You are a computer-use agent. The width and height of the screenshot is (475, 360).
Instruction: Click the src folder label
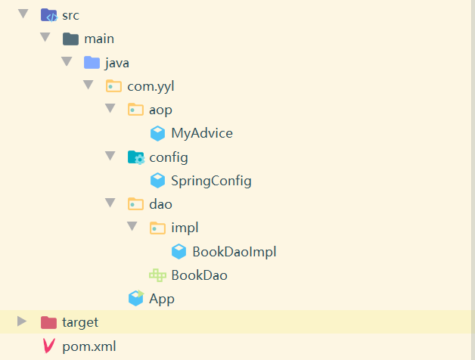[70, 14]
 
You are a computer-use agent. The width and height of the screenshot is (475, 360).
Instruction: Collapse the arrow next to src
[23, 14]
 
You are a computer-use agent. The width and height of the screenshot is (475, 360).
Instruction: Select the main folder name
[99, 39]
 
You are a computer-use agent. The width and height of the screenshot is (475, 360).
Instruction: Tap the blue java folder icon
[92, 62]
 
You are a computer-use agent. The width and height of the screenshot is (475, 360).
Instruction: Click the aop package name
[160, 110]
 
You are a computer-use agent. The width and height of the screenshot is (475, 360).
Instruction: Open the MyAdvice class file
[201, 133]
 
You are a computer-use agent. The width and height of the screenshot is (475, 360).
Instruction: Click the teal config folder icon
[136, 157]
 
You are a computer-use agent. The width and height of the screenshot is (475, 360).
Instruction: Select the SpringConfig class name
[211, 181]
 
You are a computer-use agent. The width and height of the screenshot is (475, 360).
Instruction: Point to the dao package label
[160, 203]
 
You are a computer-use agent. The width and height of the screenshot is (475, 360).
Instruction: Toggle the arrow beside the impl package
[132, 226]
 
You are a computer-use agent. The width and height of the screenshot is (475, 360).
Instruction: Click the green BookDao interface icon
[157, 275]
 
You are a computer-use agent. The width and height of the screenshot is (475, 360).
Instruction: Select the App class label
[162, 299]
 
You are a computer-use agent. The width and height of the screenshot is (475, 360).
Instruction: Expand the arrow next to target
[23, 321]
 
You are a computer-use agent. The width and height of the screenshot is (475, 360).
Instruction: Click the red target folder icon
[48, 322]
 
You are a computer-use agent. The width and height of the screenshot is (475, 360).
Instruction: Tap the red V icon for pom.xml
[48, 346]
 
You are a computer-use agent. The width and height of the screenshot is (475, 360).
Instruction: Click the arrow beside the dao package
[110, 203]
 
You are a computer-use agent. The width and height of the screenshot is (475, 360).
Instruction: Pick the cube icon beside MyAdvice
[157, 134]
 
